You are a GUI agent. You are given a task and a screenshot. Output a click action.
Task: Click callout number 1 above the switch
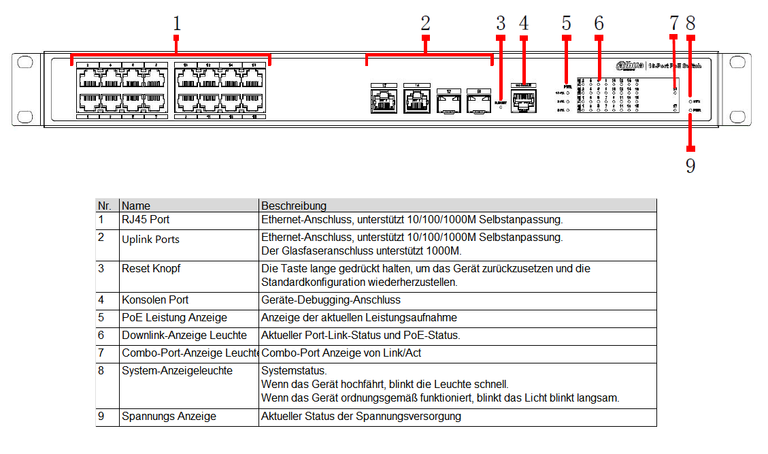point(177,24)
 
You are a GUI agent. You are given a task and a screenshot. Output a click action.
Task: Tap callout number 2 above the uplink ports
point(425,24)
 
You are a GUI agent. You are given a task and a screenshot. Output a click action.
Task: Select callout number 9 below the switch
point(690,166)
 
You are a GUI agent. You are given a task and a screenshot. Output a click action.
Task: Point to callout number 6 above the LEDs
point(599,24)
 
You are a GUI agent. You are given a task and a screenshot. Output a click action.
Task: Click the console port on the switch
point(524,102)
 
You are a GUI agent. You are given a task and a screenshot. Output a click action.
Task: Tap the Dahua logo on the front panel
point(630,65)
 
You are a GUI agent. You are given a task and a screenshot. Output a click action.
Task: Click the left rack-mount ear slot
point(24,63)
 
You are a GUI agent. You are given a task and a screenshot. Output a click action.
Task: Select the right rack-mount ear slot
point(737,63)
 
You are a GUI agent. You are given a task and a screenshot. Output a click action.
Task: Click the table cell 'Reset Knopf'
point(151,269)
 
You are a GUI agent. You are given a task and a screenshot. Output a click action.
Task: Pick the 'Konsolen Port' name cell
point(155,300)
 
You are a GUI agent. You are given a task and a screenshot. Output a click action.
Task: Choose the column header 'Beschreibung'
point(294,206)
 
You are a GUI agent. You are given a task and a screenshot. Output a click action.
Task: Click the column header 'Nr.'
point(105,206)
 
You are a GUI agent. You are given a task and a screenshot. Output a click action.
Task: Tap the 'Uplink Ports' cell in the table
point(151,240)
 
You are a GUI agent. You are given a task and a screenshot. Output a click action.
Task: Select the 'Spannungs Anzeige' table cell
point(169,417)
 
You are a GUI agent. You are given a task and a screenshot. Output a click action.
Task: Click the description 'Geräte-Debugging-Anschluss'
point(331,300)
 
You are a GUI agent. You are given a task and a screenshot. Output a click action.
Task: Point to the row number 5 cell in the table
point(101,318)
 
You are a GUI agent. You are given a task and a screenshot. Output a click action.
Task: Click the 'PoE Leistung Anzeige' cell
point(174,318)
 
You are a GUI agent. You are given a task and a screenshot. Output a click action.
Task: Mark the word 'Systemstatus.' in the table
point(294,372)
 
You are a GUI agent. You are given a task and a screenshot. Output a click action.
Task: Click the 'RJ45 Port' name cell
point(146,221)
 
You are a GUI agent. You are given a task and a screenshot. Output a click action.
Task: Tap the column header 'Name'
point(136,206)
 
